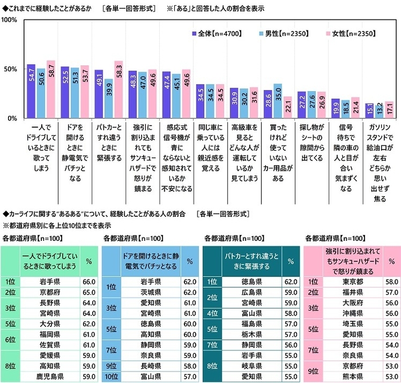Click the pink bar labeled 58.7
51,89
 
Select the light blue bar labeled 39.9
109,98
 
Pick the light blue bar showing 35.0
278,101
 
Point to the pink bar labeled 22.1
288,107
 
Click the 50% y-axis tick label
11,69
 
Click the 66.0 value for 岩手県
89,282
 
